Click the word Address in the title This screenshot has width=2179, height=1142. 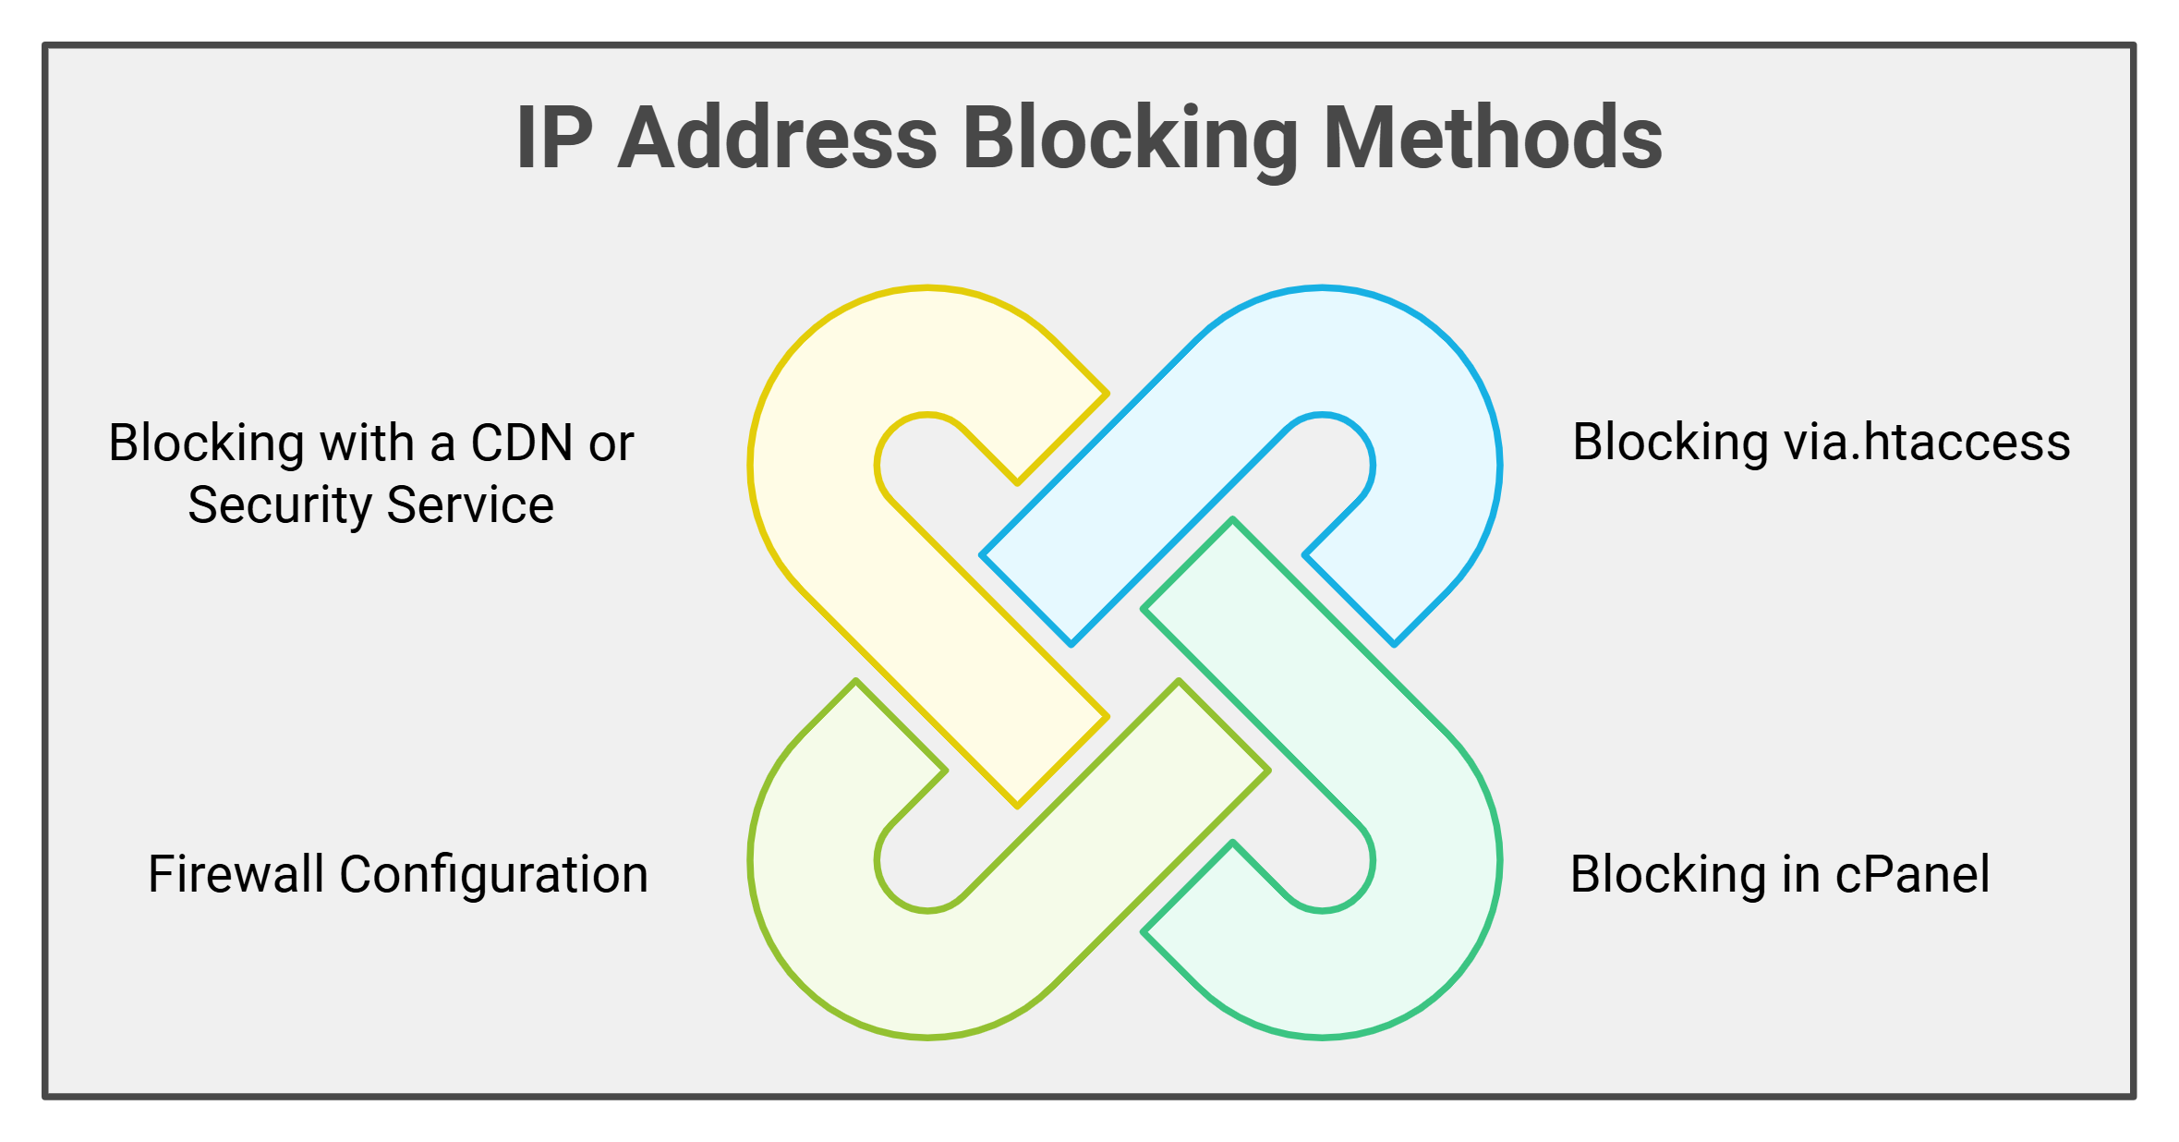(x=778, y=138)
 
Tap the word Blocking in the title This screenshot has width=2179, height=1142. (x=1131, y=140)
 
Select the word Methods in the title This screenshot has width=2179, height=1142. (x=1493, y=138)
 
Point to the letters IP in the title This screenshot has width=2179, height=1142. (x=554, y=138)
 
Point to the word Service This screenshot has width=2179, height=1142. (x=470, y=504)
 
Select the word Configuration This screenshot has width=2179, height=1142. (x=494, y=876)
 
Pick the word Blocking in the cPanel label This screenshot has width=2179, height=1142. (x=1668, y=876)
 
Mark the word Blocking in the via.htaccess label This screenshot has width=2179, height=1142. (x=1670, y=443)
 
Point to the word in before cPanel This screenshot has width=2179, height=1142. (x=1800, y=874)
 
